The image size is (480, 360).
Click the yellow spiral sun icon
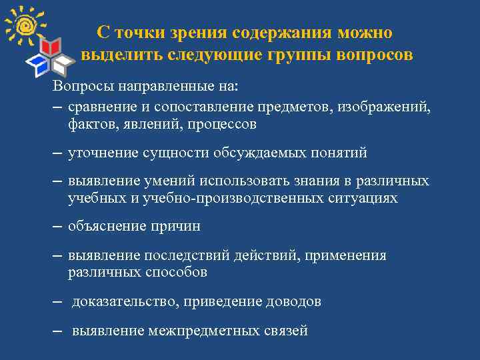click(26, 25)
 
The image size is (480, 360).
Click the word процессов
click(222, 124)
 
